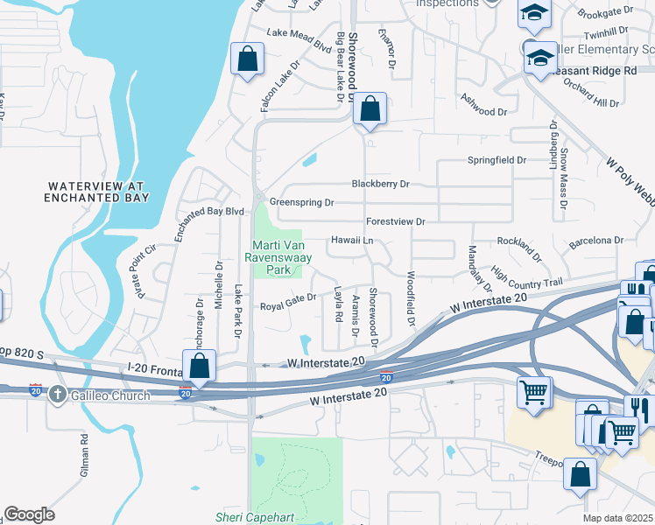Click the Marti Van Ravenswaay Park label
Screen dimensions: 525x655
278,258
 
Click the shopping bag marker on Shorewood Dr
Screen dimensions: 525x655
370,110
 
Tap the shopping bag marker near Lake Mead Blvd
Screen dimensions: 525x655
248,59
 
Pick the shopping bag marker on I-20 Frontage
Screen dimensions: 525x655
199,366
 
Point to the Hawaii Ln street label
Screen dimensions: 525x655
352,240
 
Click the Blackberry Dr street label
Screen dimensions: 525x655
380,184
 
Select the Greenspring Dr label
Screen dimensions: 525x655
302,202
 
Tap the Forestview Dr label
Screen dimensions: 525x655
395,222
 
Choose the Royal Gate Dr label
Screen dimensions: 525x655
288,306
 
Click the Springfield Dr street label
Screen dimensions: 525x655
497,161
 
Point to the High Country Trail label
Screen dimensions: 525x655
525,277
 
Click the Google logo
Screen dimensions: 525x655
29,514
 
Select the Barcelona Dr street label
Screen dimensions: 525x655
595,240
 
